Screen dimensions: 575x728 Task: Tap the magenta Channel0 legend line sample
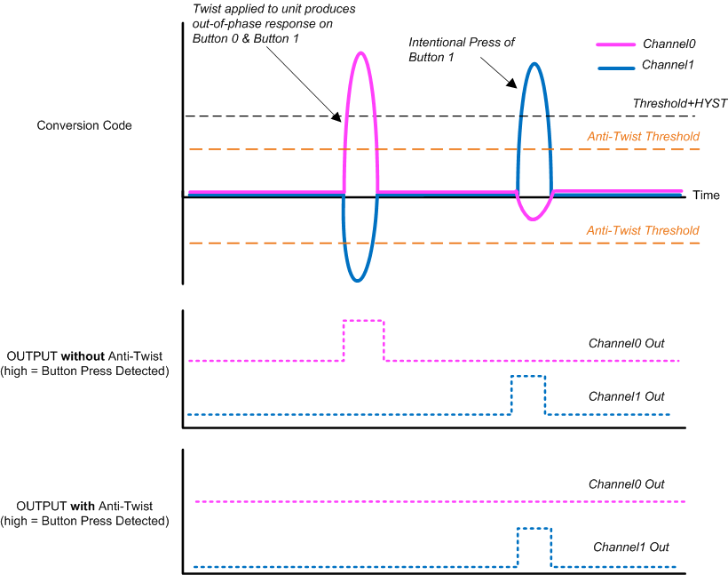click(613, 44)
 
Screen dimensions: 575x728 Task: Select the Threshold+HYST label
click(679, 103)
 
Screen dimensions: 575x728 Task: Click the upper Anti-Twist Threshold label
click(643, 137)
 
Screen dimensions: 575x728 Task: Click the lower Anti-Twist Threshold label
click(643, 231)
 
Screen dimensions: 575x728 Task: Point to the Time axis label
click(706, 196)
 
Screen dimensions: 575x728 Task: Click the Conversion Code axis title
click(84, 125)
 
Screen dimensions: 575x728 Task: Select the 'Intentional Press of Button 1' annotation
click(461, 50)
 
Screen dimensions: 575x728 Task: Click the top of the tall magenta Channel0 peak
click(360, 52)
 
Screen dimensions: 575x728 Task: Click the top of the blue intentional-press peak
click(534, 63)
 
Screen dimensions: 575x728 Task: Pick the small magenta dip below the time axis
click(532, 219)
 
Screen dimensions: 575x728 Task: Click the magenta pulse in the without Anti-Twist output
click(364, 320)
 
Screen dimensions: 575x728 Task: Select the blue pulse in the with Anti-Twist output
click(534, 530)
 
